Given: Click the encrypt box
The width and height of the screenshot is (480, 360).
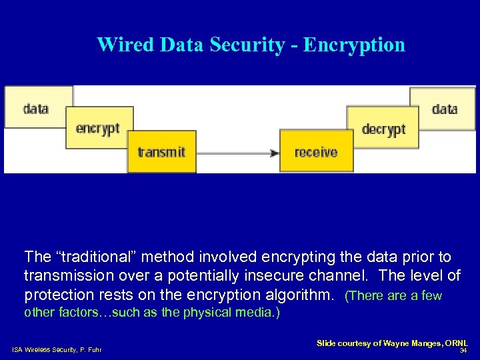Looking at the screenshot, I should coord(98,128).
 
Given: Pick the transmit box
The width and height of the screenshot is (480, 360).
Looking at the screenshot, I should coord(161,152).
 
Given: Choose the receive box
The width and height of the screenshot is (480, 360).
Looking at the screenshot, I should coord(316,152).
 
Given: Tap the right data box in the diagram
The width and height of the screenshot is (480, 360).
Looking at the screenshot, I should coord(444,108).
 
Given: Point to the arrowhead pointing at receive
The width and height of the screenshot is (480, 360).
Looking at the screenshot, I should coord(274,153).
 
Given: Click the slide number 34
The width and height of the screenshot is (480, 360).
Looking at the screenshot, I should coord(463,350).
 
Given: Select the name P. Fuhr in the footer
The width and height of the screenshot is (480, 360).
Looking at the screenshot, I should coord(91,350).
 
